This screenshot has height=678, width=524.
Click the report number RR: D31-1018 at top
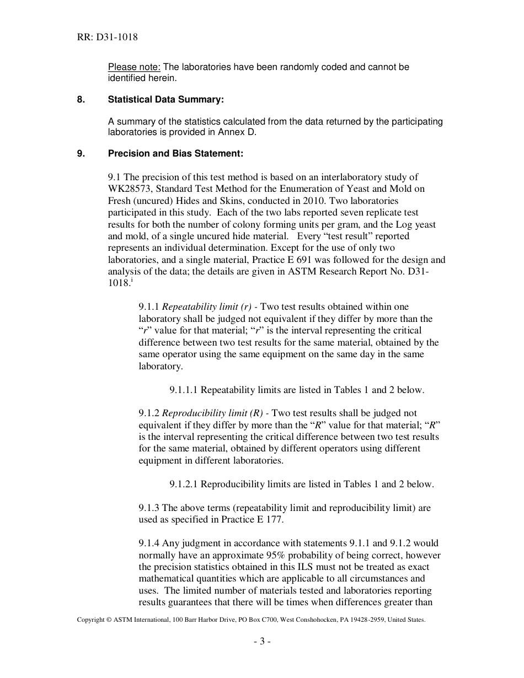pyautogui.click(x=107, y=37)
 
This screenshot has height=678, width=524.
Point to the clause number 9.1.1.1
pyautogui.click(x=184, y=390)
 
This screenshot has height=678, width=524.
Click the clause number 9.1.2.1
pyautogui.click(x=184, y=485)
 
